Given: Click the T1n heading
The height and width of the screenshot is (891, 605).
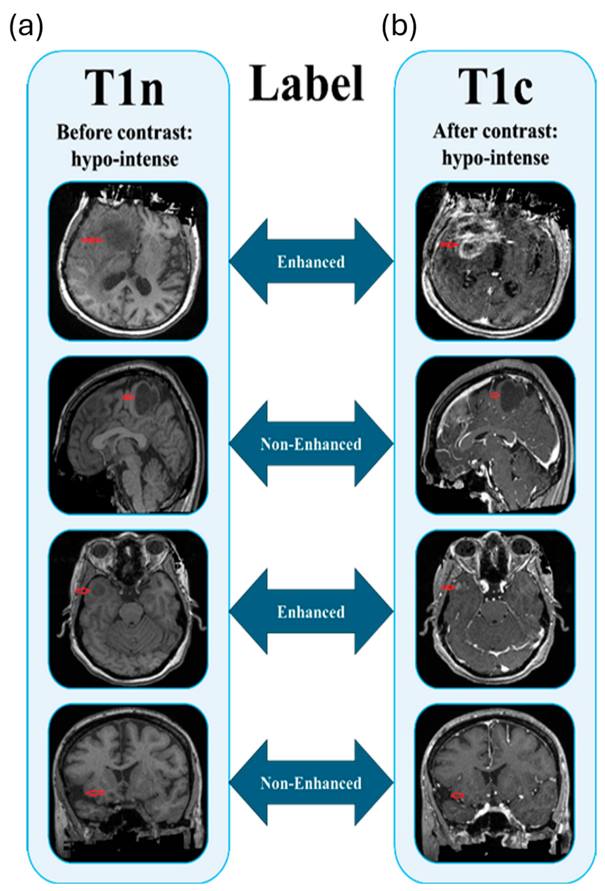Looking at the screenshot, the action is click(124, 88).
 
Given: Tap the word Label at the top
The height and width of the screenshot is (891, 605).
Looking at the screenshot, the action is click(306, 84).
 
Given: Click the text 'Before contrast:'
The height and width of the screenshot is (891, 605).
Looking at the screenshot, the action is click(124, 133).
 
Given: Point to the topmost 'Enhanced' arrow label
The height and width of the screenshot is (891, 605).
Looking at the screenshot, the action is click(311, 262).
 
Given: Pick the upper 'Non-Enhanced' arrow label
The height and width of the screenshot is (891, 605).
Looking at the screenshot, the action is click(311, 444).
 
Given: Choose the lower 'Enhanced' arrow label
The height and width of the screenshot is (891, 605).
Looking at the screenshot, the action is click(311, 612).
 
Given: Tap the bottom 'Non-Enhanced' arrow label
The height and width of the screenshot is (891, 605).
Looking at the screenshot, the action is click(311, 783).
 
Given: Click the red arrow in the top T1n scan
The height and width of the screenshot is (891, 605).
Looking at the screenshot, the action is click(93, 240).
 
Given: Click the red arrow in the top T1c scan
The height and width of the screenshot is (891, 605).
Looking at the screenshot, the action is click(449, 244).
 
